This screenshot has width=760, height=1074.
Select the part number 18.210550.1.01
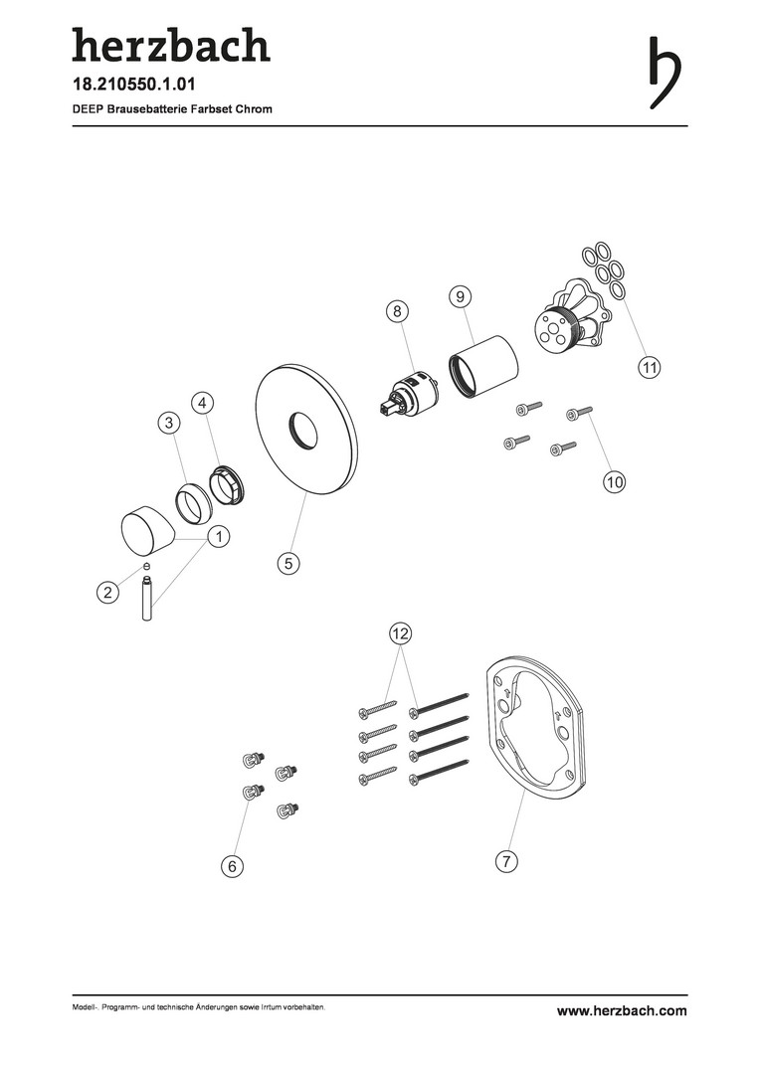(x=134, y=85)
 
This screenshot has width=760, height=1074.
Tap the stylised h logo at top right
(x=665, y=72)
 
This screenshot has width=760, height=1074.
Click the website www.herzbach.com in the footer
(x=622, y=1011)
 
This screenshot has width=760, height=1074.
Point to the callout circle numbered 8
(x=397, y=311)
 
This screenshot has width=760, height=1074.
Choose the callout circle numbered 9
(x=461, y=296)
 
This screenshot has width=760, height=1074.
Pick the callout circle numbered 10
(x=615, y=481)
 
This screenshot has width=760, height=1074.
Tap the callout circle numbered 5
(x=288, y=563)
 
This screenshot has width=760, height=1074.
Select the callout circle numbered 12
(x=400, y=633)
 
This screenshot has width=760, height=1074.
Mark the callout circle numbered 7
(x=506, y=861)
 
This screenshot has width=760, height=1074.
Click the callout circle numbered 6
(x=233, y=866)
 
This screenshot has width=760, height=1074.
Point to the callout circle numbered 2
(x=107, y=592)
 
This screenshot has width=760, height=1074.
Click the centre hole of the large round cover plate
(x=302, y=431)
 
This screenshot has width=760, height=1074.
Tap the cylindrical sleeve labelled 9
(x=483, y=366)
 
